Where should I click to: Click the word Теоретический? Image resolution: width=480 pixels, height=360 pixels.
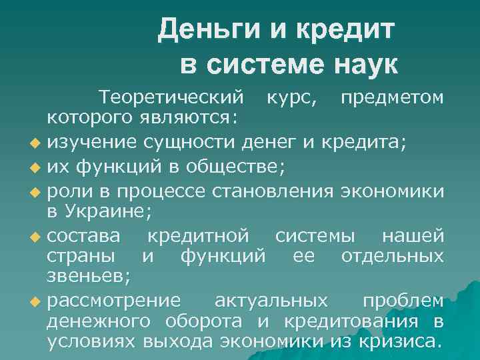pyautogui.click(x=171, y=98)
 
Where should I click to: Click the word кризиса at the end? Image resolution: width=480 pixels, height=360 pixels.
pyautogui.click(x=403, y=343)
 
